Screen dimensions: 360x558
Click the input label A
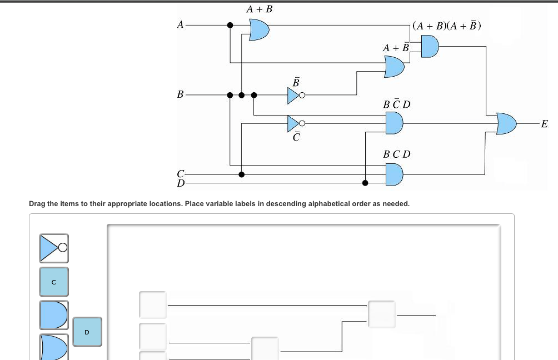tap(179, 24)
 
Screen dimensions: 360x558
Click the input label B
tap(180, 94)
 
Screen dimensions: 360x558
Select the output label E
tap(544, 124)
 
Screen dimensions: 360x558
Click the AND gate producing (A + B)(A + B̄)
tap(430, 46)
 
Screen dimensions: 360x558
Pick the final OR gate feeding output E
tap(506, 123)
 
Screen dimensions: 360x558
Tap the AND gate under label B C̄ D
tap(394, 123)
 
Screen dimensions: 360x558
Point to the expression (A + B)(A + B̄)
tap(447, 26)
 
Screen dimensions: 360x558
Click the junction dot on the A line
tap(230, 25)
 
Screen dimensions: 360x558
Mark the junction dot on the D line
tap(365, 183)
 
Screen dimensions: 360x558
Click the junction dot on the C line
tap(241, 174)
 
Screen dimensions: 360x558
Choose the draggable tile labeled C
tap(54, 282)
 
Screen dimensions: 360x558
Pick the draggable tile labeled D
tap(87, 332)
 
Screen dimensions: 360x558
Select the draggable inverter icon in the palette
tap(54, 248)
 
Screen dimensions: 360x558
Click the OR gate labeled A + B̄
tap(395, 67)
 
